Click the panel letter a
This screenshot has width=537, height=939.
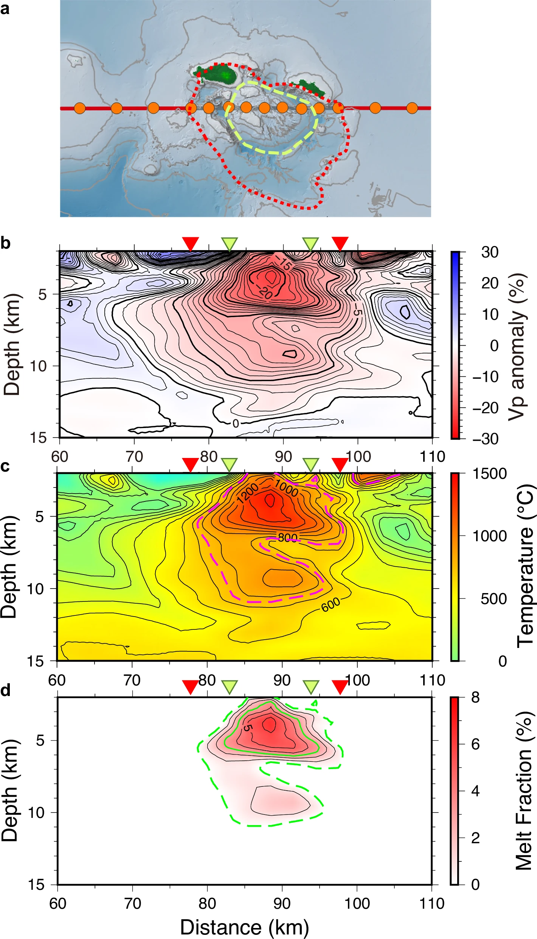pos(5,8)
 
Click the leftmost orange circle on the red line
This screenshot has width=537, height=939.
pos(79,108)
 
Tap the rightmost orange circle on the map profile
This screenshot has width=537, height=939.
pos(412,108)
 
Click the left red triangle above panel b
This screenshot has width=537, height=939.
pos(191,243)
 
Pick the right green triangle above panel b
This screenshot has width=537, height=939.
pos(310,243)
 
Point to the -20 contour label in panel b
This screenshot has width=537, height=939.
pos(265,292)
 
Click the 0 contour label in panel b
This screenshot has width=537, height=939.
pos(236,424)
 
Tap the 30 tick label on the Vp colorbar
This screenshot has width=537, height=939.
pos(490,252)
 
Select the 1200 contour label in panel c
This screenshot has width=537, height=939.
pos(247,493)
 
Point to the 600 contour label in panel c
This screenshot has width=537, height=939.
pos(331,605)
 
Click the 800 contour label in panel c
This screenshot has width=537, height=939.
pos(287,537)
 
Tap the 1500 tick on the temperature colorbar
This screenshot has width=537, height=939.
pos(490,473)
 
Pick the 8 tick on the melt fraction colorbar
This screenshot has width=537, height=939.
pos(475,697)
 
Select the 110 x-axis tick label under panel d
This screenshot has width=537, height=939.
pos(432,903)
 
